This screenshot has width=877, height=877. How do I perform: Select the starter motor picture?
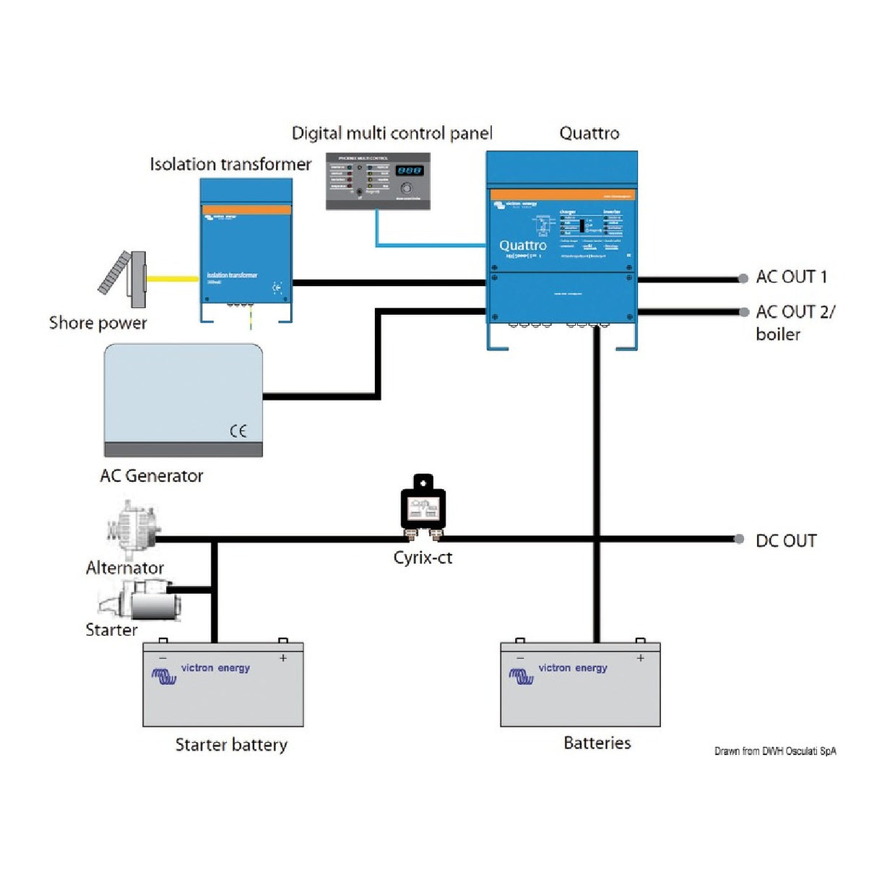(x=144, y=600)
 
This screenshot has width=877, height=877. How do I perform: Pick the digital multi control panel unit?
(x=378, y=181)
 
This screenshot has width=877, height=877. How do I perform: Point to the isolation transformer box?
(x=246, y=249)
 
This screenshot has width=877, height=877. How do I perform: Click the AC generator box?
(x=183, y=399)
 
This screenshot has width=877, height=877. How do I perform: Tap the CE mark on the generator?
(x=238, y=431)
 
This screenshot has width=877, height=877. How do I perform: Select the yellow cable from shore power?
(x=172, y=278)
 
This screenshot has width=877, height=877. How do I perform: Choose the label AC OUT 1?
(x=791, y=277)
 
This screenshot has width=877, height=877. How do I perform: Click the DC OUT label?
(x=786, y=541)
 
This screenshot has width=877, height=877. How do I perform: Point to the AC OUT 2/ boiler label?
(x=795, y=322)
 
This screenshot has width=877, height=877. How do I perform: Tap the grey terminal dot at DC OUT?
(x=739, y=539)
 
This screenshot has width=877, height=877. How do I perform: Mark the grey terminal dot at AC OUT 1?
(x=743, y=278)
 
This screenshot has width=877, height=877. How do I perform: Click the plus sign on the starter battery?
(x=283, y=658)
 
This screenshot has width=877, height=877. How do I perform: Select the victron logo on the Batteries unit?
(x=521, y=676)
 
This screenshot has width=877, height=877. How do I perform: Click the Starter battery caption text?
(x=231, y=745)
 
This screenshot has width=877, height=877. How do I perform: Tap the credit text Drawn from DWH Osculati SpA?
(x=775, y=751)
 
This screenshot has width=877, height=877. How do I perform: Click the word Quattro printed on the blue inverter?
(x=523, y=246)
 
